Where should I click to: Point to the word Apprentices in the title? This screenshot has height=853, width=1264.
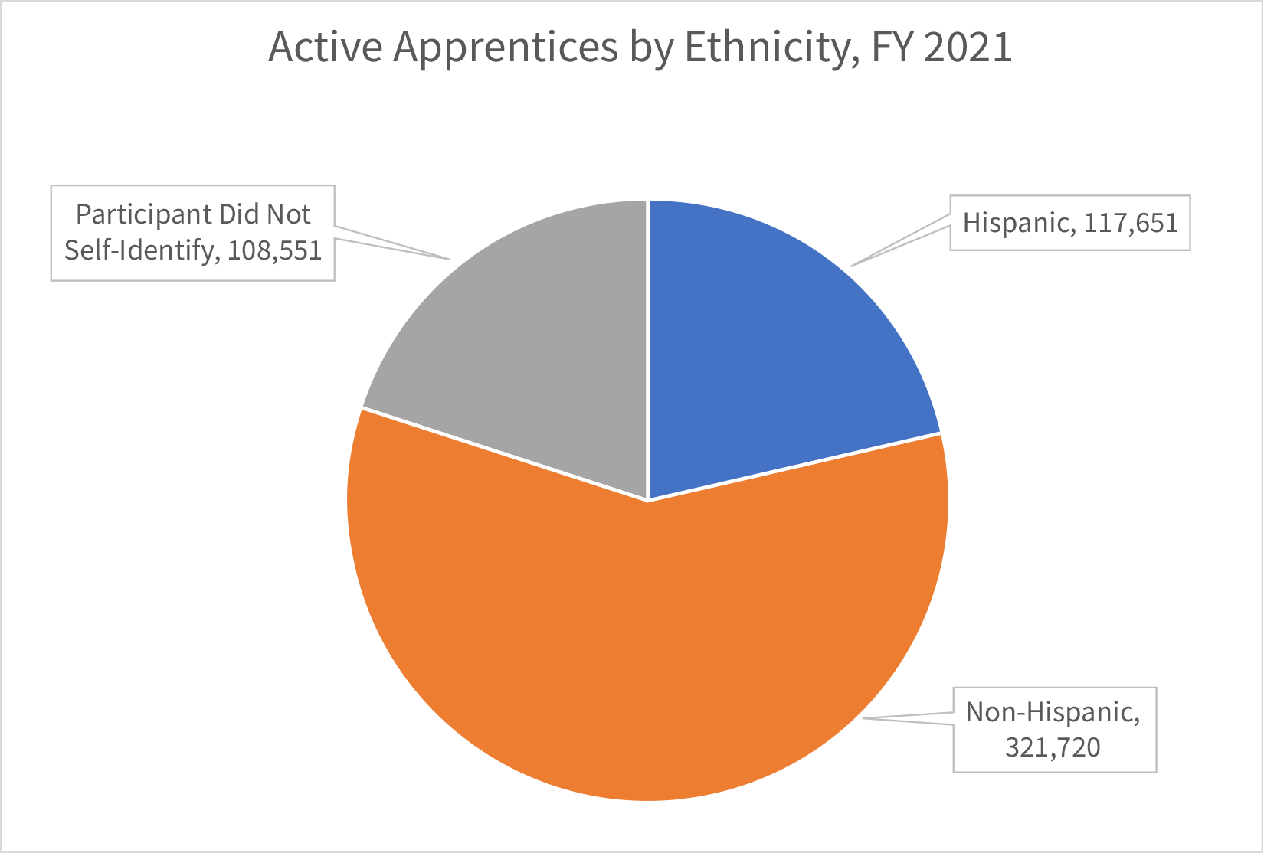tap(505, 47)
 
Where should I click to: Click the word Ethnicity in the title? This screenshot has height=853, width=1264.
tap(767, 47)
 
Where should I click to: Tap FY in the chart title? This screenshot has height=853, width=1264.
tap(892, 47)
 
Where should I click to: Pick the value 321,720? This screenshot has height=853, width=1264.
tap(1053, 747)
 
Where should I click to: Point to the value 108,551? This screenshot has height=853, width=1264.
tap(274, 250)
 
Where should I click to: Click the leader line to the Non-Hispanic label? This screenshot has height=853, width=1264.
tap(908, 717)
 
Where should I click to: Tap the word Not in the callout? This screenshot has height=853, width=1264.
tap(288, 214)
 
